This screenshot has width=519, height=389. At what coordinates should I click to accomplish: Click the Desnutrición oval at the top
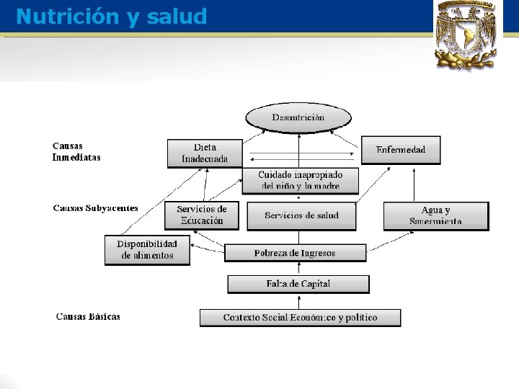[298, 117]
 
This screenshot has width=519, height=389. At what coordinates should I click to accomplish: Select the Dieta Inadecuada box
[205, 153]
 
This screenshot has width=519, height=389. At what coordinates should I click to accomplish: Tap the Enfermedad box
[400, 150]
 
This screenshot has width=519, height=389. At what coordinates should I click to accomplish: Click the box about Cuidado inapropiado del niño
[300, 180]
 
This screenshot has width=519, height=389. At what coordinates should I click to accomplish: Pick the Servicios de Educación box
[201, 215]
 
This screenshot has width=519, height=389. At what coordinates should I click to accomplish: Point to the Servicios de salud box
[301, 215]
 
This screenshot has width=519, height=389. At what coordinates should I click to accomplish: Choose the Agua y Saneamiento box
[435, 215]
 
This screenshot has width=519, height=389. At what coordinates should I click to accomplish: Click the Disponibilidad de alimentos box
[147, 250]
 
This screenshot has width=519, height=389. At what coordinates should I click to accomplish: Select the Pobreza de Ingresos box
[294, 253]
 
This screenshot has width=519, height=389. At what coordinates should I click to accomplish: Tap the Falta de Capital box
[298, 284]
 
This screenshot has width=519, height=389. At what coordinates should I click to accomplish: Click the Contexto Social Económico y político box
[300, 318]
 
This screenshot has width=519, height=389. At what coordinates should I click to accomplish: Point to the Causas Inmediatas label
[76, 151]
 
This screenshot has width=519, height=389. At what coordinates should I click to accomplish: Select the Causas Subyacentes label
[95, 208]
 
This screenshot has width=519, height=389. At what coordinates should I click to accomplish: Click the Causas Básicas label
[88, 316]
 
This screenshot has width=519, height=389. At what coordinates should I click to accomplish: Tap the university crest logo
[466, 34]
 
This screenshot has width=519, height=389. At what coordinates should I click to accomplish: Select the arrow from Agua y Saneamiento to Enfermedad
[414, 184]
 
